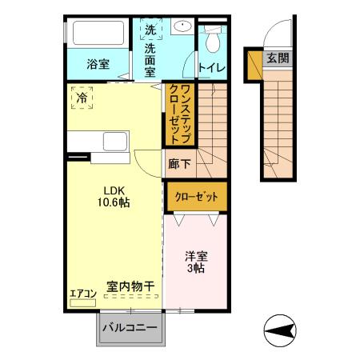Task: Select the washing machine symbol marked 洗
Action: pyautogui.click(x=150, y=30)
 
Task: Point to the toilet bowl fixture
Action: pyautogui.click(x=213, y=38)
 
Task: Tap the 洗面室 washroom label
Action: pyautogui.click(x=150, y=59)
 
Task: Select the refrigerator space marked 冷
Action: pyautogui.click(x=82, y=98)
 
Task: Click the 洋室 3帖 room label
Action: pyautogui.click(x=196, y=263)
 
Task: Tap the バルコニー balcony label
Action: pyautogui.click(x=131, y=328)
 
